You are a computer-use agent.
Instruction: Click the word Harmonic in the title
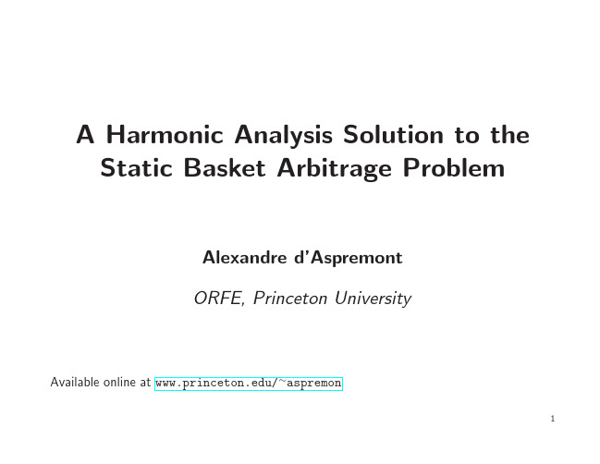(165, 135)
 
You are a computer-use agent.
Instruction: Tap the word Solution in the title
(393, 135)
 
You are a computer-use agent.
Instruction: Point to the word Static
(136, 168)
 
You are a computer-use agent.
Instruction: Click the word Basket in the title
(225, 168)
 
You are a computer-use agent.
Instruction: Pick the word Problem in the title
(454, 168)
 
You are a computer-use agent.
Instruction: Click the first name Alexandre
(244, 258)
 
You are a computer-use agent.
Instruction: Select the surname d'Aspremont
(349, 258)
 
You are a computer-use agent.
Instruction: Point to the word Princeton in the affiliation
(290, 298)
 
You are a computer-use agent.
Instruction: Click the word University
(373, 299)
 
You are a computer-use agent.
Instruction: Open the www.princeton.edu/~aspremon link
(249, 384)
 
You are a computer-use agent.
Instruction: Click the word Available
(75, 382)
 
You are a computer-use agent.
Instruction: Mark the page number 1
(553, 419)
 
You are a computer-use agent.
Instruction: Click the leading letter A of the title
(85, 135)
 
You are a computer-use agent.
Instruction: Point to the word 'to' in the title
(467, 136)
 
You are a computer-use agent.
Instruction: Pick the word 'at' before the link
(145, 383)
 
